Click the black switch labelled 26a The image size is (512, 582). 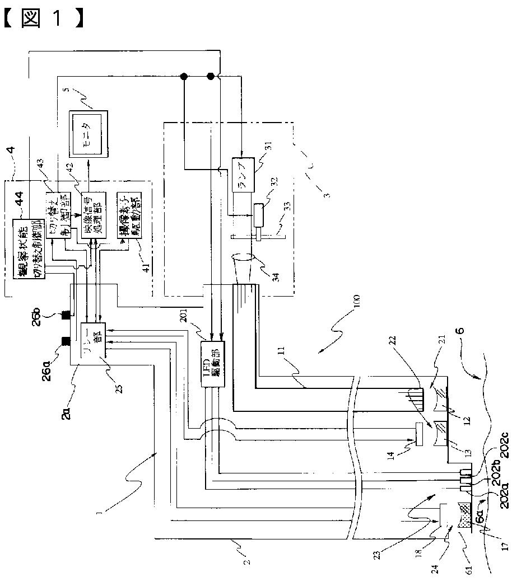(x=66, y=340)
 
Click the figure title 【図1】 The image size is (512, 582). (x=44, y=17)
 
